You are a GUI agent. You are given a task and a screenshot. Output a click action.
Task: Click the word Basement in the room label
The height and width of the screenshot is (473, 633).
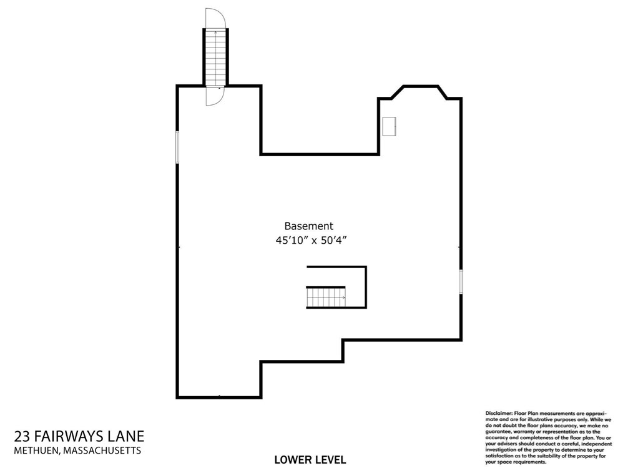pos(308,226)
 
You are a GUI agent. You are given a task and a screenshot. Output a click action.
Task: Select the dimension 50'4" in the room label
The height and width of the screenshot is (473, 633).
pos(333,241)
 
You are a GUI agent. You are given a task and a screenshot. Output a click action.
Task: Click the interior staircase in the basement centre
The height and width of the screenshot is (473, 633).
pos(325,297)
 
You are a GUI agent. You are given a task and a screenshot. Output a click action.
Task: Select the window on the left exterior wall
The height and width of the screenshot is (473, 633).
pos(178,147)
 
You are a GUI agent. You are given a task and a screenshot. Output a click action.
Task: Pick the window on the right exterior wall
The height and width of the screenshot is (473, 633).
pos(461,281)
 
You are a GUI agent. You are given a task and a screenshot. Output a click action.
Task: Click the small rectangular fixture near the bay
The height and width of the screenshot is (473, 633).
pos(390,126)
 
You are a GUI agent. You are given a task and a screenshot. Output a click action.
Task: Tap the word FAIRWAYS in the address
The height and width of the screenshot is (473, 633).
pos(72,436)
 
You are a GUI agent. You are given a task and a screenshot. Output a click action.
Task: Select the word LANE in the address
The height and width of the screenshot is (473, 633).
pos(129,436)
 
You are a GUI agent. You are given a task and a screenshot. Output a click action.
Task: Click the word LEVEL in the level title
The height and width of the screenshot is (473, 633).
pos(329,461)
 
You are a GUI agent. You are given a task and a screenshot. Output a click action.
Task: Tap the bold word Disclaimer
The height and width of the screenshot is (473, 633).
pos(498,414)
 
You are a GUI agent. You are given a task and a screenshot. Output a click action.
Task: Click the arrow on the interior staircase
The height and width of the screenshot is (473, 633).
pos(342,298)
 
